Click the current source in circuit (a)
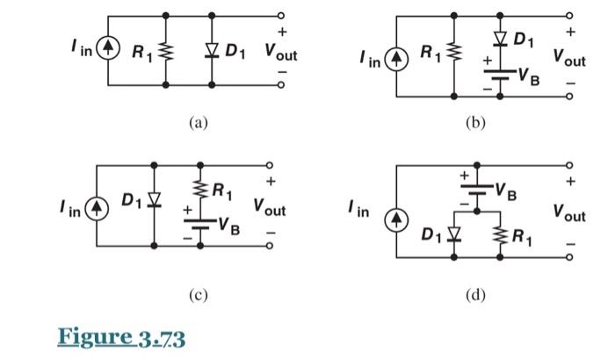click(x=109, y=50)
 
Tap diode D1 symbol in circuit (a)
click(x=212, y=51)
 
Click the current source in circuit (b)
click(x=397, y=61)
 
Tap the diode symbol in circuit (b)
click(x=500, y=39)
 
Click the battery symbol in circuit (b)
click(x=500, y=74)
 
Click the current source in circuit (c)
click(x=98, y=212)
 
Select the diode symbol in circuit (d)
click(x=454, y=235)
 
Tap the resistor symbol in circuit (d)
click(x=500, y=234)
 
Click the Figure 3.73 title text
click(x=122, y=335)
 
